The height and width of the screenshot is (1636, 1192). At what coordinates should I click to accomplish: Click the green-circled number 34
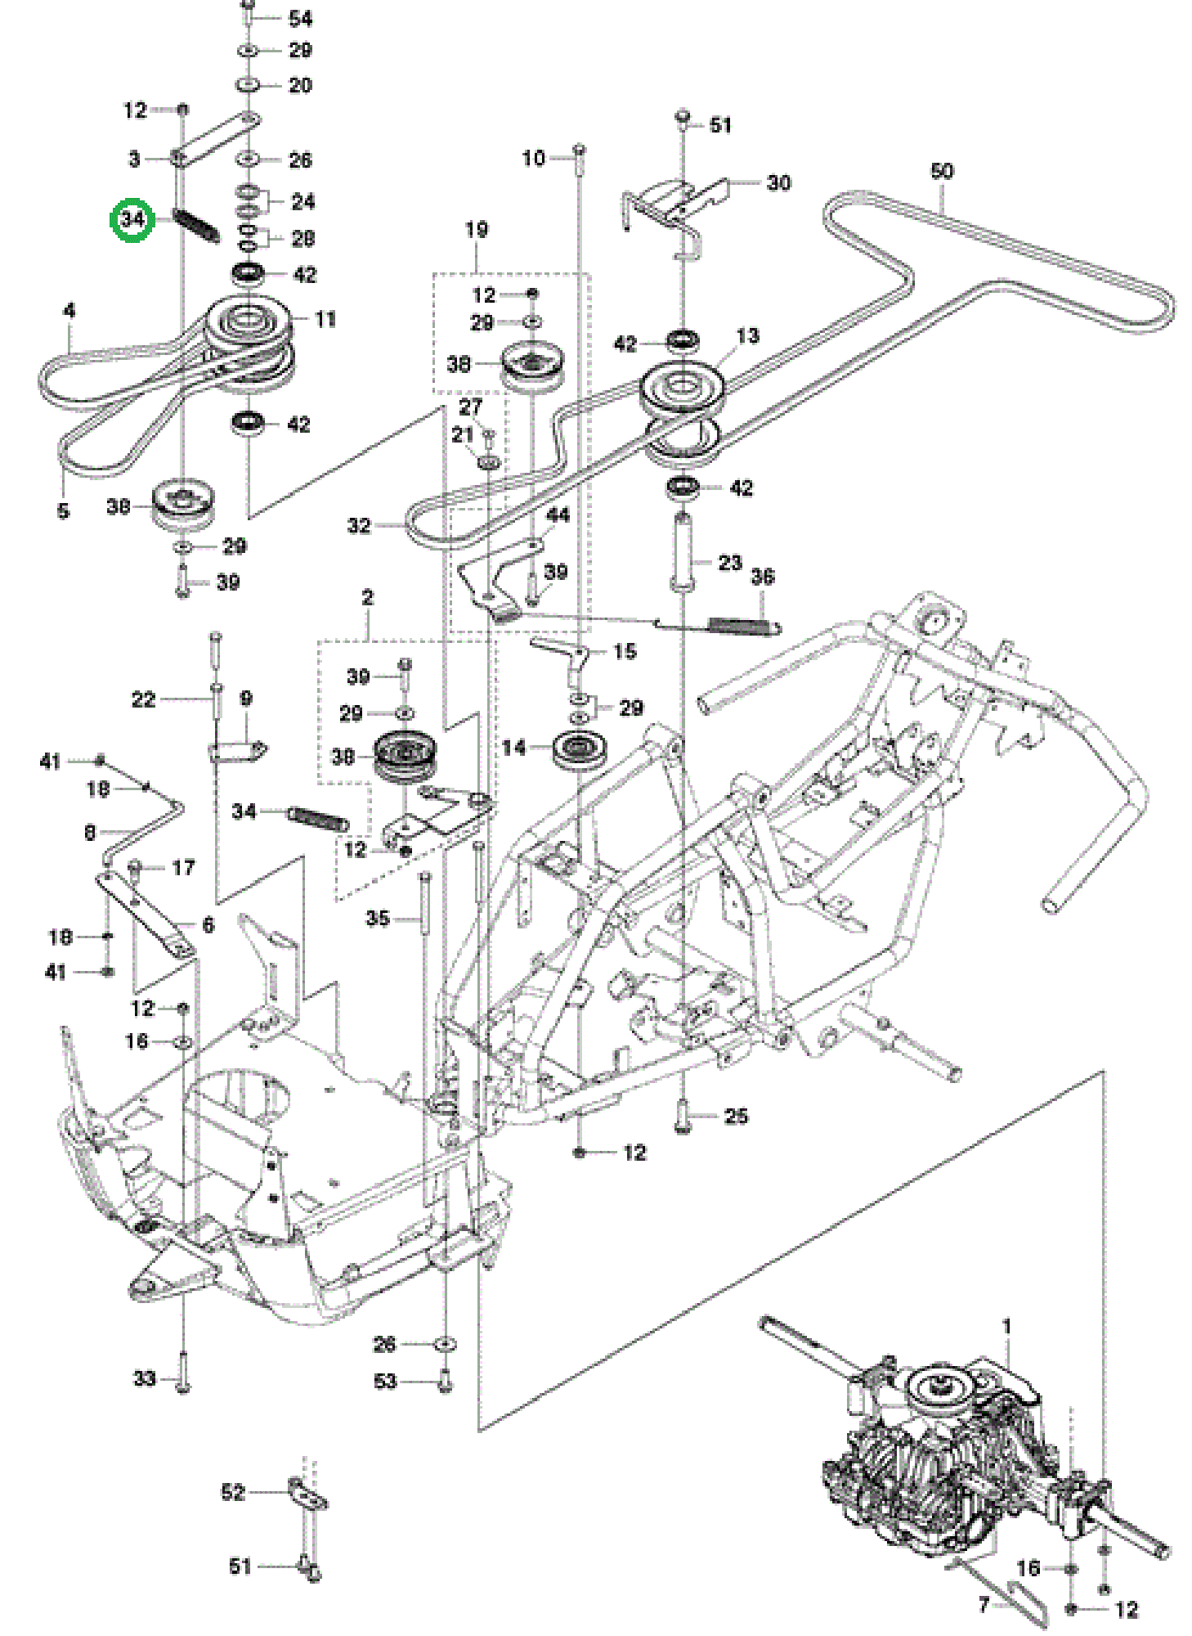132,219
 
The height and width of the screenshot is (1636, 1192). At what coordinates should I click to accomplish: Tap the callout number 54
300,18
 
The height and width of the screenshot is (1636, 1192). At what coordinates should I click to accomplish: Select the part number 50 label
942,171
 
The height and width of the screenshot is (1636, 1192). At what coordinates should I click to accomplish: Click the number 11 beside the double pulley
325,319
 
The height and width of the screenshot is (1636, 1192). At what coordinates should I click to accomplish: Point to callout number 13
747,335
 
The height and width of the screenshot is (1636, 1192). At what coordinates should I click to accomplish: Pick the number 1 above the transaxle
1006,1326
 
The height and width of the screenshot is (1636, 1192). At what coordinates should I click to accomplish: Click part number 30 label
779,182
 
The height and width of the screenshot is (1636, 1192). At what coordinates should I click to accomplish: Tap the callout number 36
762,577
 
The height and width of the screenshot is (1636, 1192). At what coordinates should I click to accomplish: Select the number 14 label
513,747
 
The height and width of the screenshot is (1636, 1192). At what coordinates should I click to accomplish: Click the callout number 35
378,918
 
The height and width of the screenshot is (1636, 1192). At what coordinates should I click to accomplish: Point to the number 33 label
145,1378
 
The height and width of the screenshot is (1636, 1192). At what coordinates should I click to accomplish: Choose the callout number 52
233,1492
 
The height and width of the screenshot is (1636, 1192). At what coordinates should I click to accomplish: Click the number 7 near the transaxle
984,1605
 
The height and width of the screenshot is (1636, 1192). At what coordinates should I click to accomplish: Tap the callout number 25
736,1116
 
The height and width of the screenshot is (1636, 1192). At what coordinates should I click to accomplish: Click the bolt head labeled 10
579,150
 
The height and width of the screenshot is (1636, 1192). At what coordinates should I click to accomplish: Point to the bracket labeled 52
307,1494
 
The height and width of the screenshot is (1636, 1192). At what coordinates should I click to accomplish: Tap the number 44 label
558,515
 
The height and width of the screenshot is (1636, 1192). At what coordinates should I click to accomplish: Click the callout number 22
143,699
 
